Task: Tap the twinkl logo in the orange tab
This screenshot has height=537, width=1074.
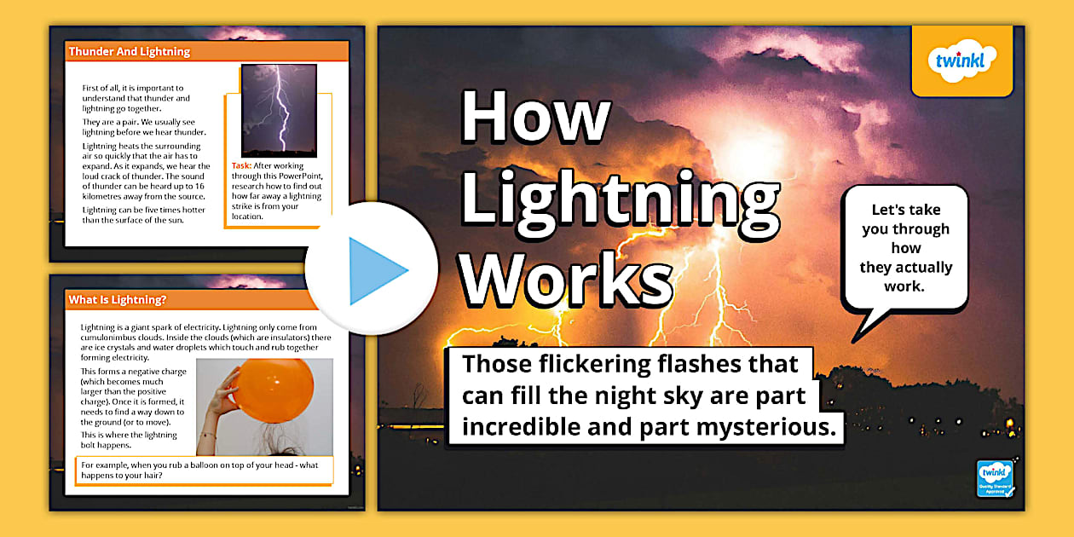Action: point(961,61)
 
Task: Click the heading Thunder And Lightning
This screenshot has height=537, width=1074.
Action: point(130,51)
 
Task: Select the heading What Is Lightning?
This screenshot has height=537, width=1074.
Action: point(118,300)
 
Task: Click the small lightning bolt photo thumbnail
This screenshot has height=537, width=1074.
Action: point(279,111)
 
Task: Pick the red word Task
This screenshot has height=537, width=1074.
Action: point(241,165)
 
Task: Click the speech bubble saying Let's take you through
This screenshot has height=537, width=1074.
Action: point(904,248)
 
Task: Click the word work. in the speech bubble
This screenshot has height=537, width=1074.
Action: point(904,286)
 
